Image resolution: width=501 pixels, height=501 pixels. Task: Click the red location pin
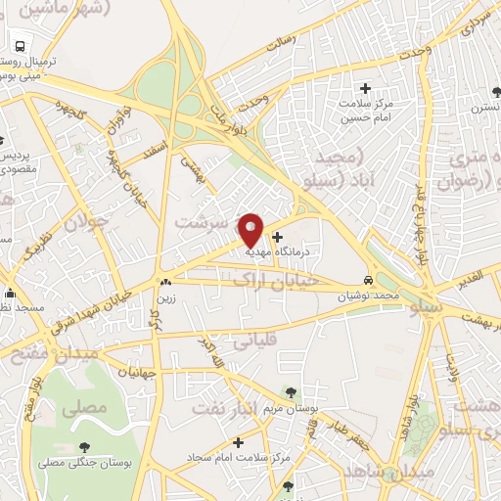(251, 230)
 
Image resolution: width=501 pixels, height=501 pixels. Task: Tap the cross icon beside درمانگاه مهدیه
(278, 236)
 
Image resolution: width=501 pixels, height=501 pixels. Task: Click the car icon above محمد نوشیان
(368, 278)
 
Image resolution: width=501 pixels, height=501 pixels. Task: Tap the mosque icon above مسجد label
(11, 293)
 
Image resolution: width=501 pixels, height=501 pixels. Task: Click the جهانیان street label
(138, 373)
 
